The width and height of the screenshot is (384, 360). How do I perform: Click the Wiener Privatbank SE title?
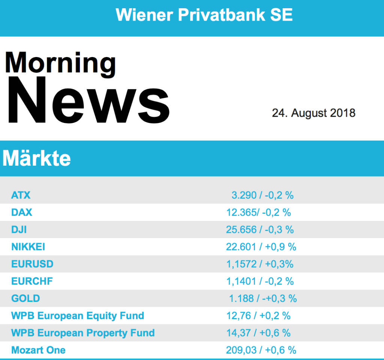tap(204, 15)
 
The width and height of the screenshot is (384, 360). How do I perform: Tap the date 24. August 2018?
tap(313, 113)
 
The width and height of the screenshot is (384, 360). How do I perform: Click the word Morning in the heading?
tap(60, 63)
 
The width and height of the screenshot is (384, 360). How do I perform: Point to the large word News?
tap(88, 101)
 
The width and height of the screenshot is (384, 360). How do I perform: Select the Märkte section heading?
tap(37, 159)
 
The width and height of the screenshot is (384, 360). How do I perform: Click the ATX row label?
tap(21, 195)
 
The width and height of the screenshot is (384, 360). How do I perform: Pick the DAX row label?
tap(22, 212)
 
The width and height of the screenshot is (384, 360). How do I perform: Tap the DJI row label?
tap(19, 229)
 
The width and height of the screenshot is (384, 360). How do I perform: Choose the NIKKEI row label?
tap(28, 247)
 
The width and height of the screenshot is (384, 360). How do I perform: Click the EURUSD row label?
tap(32, 264)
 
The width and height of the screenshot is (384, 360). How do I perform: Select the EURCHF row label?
tap(32, 281)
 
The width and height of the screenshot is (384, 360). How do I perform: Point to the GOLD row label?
tap(25, 298)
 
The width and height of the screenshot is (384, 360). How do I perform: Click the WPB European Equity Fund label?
tap(78, 316)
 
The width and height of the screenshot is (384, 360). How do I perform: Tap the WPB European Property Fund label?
tap(83, 333)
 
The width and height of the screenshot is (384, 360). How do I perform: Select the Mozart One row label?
tap(38, 350)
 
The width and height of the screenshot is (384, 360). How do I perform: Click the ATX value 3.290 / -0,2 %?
tap(262, 195)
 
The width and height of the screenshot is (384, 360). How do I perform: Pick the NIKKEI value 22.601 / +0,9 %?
tap(261, 247)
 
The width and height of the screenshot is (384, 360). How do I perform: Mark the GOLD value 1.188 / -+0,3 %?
tap(263, 298)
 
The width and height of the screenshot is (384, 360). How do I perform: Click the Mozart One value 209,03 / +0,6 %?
tap(261, 350)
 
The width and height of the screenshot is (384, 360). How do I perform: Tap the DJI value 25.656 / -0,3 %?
tap(260, 229)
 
